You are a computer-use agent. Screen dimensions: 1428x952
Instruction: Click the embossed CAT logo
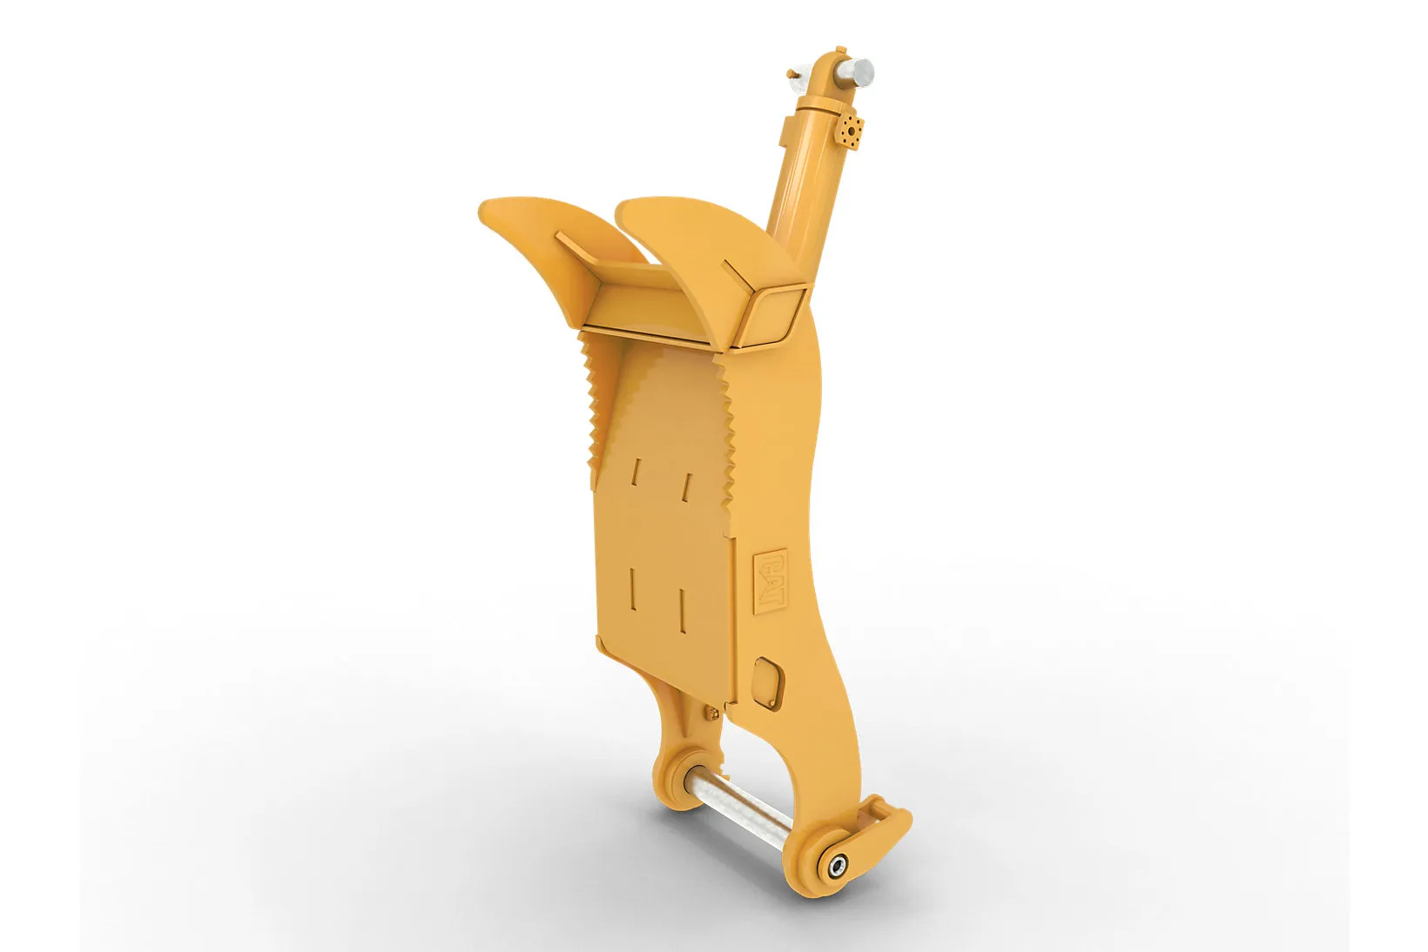770,581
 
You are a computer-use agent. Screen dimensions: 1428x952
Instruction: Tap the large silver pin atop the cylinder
856,72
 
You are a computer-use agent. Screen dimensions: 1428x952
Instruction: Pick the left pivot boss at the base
679,777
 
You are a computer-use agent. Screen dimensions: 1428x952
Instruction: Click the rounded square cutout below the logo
767,683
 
